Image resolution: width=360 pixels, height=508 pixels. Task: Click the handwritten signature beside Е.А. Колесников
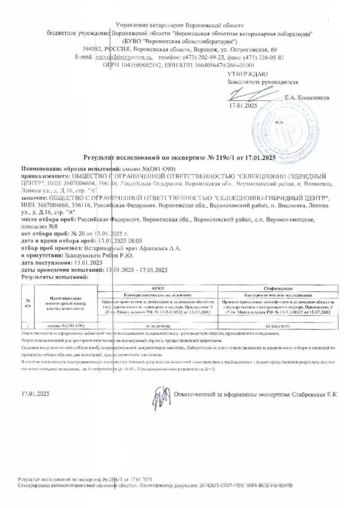[x=252, y=94]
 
